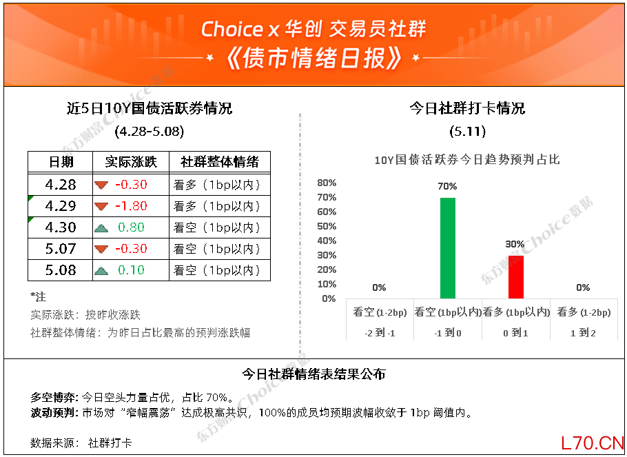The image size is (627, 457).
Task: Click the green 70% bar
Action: pos(447,248)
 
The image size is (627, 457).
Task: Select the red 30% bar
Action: pos(516,277)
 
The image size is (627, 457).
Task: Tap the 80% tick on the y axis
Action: pos(327,183)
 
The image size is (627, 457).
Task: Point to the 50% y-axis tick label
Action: pos(327,226)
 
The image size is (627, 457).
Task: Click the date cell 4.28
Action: pos(61,185)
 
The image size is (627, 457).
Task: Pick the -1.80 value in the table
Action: pos(131,206)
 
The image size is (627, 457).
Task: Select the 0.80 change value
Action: pos(131,227)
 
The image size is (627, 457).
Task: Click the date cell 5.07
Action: pos(61,249)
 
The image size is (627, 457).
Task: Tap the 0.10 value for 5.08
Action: pos(131,270)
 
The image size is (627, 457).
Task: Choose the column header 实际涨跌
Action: pos(131,162)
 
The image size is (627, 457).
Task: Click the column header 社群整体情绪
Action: pos(220,162)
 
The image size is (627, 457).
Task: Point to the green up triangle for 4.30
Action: pos(101,227)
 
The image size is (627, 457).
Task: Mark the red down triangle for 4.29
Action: pos(101,206)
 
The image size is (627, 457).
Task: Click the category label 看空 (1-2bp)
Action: pos(380,312)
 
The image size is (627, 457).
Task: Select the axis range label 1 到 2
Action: pos(584,333)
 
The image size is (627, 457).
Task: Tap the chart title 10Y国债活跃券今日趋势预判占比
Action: pos(466,160)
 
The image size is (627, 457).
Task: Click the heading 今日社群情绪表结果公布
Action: pos(314,374)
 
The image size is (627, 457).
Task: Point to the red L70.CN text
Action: pos(593,443)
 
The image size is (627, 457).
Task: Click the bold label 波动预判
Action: pos(54,413)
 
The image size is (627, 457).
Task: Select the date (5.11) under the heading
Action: pos(467,132)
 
